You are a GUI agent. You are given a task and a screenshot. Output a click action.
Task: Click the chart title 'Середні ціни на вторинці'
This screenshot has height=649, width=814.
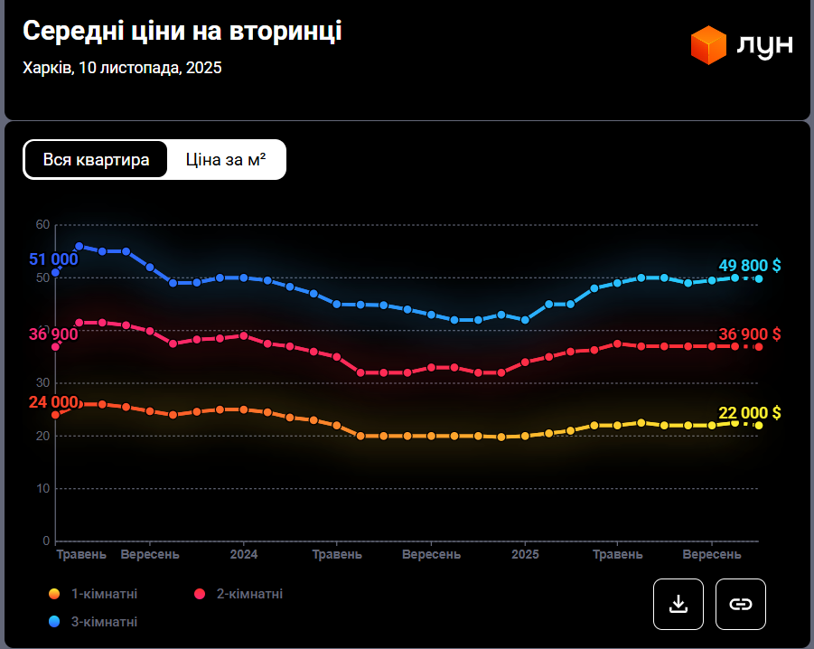click(182, 31)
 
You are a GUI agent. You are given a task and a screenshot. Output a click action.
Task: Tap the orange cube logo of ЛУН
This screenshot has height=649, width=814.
click(709, 45)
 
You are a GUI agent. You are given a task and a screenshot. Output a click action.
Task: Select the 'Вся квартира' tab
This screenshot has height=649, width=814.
click(96, 160)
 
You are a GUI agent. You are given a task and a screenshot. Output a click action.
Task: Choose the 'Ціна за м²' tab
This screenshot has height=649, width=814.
click(226, 160)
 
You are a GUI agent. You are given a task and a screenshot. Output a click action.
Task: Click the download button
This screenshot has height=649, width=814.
click(678, 604)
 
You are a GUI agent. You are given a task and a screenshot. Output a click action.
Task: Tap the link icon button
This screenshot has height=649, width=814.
click(741, 604)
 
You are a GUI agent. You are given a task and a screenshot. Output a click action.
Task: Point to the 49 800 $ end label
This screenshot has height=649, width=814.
click(749, 266)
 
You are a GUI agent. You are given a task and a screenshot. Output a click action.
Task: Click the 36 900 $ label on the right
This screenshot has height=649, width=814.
click(749, 334)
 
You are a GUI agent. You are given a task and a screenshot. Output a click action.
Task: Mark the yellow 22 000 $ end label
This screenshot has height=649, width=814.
click(749, 412)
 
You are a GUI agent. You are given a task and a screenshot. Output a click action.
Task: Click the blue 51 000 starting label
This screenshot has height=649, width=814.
click(52, 259)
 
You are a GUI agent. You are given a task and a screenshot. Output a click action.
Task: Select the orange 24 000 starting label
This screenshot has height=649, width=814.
click(52, 402)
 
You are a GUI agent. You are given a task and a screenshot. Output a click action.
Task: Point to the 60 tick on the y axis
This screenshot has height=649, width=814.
click(42, 224)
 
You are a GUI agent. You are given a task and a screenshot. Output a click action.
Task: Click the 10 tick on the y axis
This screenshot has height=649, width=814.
click(42, 488)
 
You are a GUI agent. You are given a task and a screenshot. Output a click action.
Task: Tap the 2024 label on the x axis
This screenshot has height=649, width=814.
click(244, 554)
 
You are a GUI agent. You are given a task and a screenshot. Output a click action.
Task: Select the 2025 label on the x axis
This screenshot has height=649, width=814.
click(526, 554)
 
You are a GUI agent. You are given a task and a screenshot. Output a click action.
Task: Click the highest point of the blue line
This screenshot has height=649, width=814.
click(80, 246)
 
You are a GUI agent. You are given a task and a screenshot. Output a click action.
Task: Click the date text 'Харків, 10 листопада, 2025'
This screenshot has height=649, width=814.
click(122, 68)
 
